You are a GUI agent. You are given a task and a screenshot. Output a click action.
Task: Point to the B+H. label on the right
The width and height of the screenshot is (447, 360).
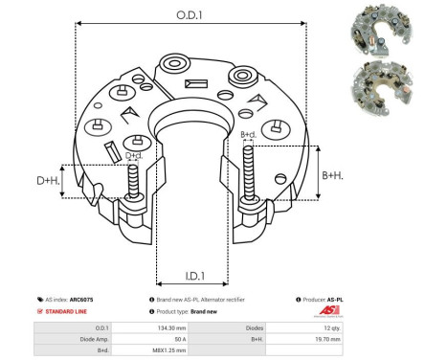334,174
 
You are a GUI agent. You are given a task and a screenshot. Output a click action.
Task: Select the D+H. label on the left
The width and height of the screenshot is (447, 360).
45,180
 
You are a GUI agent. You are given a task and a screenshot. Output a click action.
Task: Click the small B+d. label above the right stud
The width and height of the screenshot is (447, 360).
247,135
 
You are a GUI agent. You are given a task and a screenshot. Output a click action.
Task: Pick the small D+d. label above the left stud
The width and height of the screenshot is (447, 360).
134,154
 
